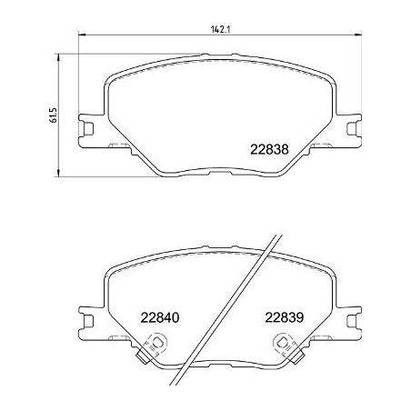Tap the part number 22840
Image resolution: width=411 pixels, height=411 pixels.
160,318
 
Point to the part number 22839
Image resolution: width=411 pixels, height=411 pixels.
284,318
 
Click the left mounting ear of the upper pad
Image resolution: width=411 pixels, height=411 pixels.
89,128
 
